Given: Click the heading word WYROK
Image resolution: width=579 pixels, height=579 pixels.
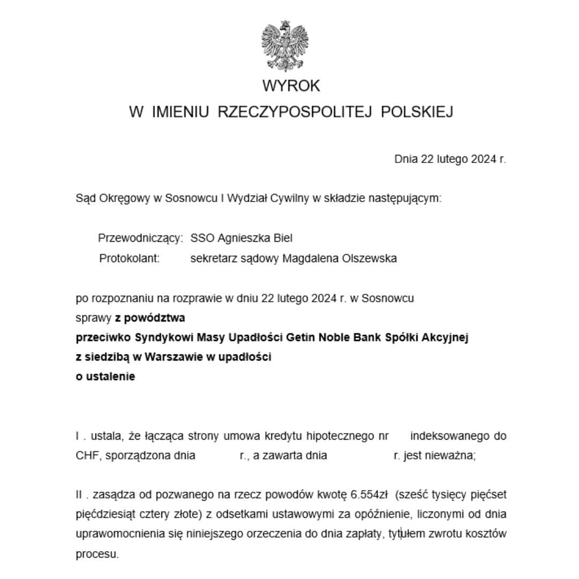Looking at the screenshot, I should (291, 86).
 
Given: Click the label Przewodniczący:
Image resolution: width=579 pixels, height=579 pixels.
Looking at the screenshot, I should (140, 238).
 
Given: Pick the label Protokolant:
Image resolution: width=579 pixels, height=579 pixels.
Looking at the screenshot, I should (129, 258).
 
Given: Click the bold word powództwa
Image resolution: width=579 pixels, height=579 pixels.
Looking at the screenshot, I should (154, 318).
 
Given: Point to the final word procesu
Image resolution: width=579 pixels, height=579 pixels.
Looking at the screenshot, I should (97, 554).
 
